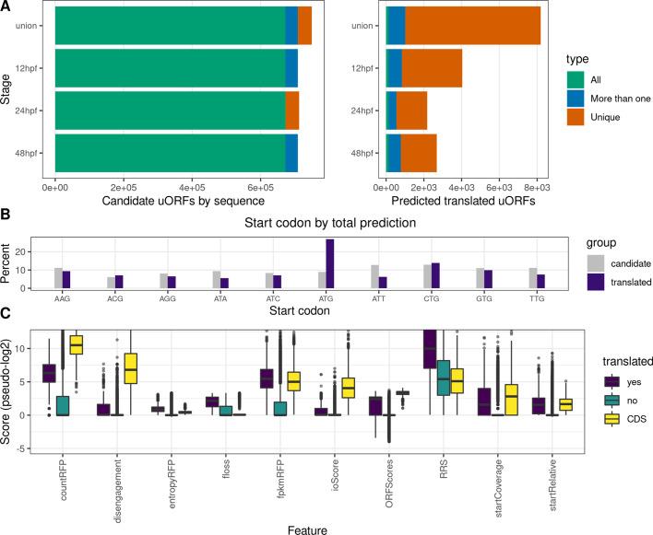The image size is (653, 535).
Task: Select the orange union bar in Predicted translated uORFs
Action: [472, 25]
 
